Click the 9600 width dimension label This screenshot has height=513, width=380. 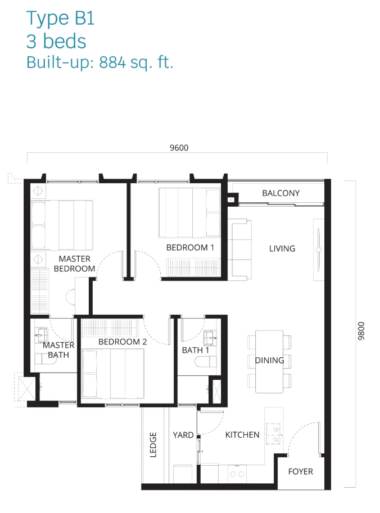pos(179,148)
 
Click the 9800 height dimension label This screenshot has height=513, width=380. pos(361,331)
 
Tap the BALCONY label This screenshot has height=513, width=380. pos(281,193)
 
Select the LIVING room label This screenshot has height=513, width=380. pos(282,249)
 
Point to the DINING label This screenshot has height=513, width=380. pos(269,360)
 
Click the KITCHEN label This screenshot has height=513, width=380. pos(242,435)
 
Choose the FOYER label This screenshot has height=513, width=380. pos(301,471)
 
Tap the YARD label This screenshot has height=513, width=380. pos(183,435)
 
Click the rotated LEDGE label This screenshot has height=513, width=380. pos(153,444)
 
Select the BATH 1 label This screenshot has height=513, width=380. pos(195,350)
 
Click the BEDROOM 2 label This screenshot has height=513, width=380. pos(123,342)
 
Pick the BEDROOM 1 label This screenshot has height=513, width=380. pos(190,248)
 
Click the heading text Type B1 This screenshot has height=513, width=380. pos(60,18)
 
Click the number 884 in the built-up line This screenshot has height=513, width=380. pos(112,62)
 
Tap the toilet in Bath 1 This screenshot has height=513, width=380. pos(205,362)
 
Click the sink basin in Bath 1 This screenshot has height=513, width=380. pos(210,338)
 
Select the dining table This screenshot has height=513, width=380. pos(269,361)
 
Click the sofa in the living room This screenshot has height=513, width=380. pos(240,250)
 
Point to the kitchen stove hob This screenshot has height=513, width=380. pos(274,434)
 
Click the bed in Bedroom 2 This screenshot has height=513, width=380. pos(112,374)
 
